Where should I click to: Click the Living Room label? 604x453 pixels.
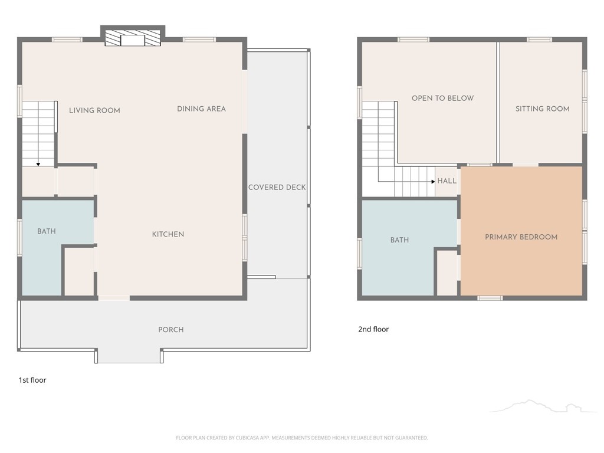tap(94, 110)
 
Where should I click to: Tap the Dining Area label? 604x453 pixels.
tap(202, 109)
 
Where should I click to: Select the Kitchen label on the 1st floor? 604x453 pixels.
tap(168, 234)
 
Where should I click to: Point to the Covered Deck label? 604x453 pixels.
tap(277, 187)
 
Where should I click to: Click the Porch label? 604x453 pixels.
tap(171, 330)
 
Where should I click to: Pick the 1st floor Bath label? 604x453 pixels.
tap(47, 231)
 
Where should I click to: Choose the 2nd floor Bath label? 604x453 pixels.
tap(399, 240)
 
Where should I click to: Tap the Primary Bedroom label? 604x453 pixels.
tap(521, 237)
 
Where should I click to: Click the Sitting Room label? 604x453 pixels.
tap(543, 109)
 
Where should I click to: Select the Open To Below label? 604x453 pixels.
tap(442, 99)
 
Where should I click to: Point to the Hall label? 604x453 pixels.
tap(447, 180)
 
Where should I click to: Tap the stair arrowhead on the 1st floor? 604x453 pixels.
tap(38, 165)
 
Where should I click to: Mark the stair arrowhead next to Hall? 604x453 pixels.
tap(434, 182)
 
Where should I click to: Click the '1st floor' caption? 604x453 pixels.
tap(32, 380)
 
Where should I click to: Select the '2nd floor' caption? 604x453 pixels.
tap(373, 329)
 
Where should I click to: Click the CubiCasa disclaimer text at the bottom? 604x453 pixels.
tap(302, 438)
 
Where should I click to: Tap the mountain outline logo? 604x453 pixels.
tap(543, 406)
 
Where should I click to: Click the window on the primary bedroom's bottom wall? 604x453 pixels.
tap(490, 298)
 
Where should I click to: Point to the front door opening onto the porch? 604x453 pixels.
tap(114, 298)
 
